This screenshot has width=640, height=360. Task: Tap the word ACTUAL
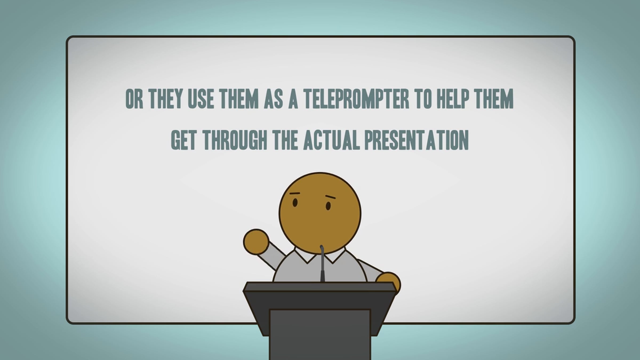331,140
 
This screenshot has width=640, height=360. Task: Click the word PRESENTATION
416,140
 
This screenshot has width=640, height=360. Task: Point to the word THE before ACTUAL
285,140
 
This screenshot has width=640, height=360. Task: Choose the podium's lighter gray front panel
320,335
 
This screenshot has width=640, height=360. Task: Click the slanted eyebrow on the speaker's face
330,198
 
